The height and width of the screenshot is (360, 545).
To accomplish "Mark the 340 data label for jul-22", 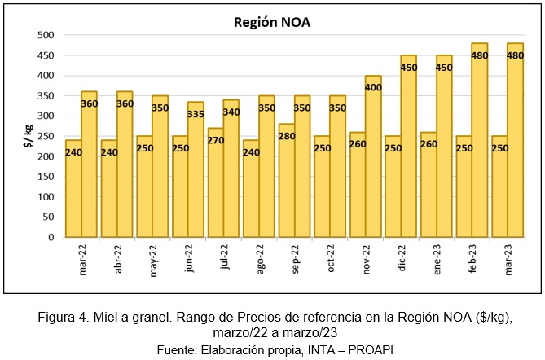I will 231,112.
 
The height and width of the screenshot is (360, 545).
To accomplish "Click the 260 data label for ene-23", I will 429,144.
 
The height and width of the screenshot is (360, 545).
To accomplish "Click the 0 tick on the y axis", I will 50,238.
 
